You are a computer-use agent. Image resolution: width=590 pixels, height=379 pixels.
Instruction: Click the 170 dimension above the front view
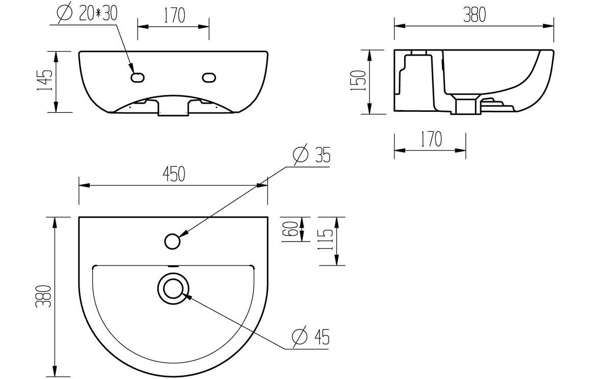click(174, 16)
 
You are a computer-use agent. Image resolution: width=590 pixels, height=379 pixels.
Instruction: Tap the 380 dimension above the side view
click(474, 15)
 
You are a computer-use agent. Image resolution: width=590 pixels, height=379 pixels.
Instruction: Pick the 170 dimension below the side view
click(431, 139)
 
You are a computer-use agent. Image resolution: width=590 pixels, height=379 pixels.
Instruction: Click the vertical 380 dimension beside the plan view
click(45, 296)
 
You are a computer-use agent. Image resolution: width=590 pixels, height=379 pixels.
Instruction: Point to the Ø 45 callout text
click(311, 337)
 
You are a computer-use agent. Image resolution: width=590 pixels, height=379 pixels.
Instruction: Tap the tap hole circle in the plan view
click(173, 241)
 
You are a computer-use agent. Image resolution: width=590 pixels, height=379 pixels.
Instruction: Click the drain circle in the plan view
click(173, 288)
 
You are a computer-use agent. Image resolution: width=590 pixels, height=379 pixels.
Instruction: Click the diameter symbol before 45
click(300, 337)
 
